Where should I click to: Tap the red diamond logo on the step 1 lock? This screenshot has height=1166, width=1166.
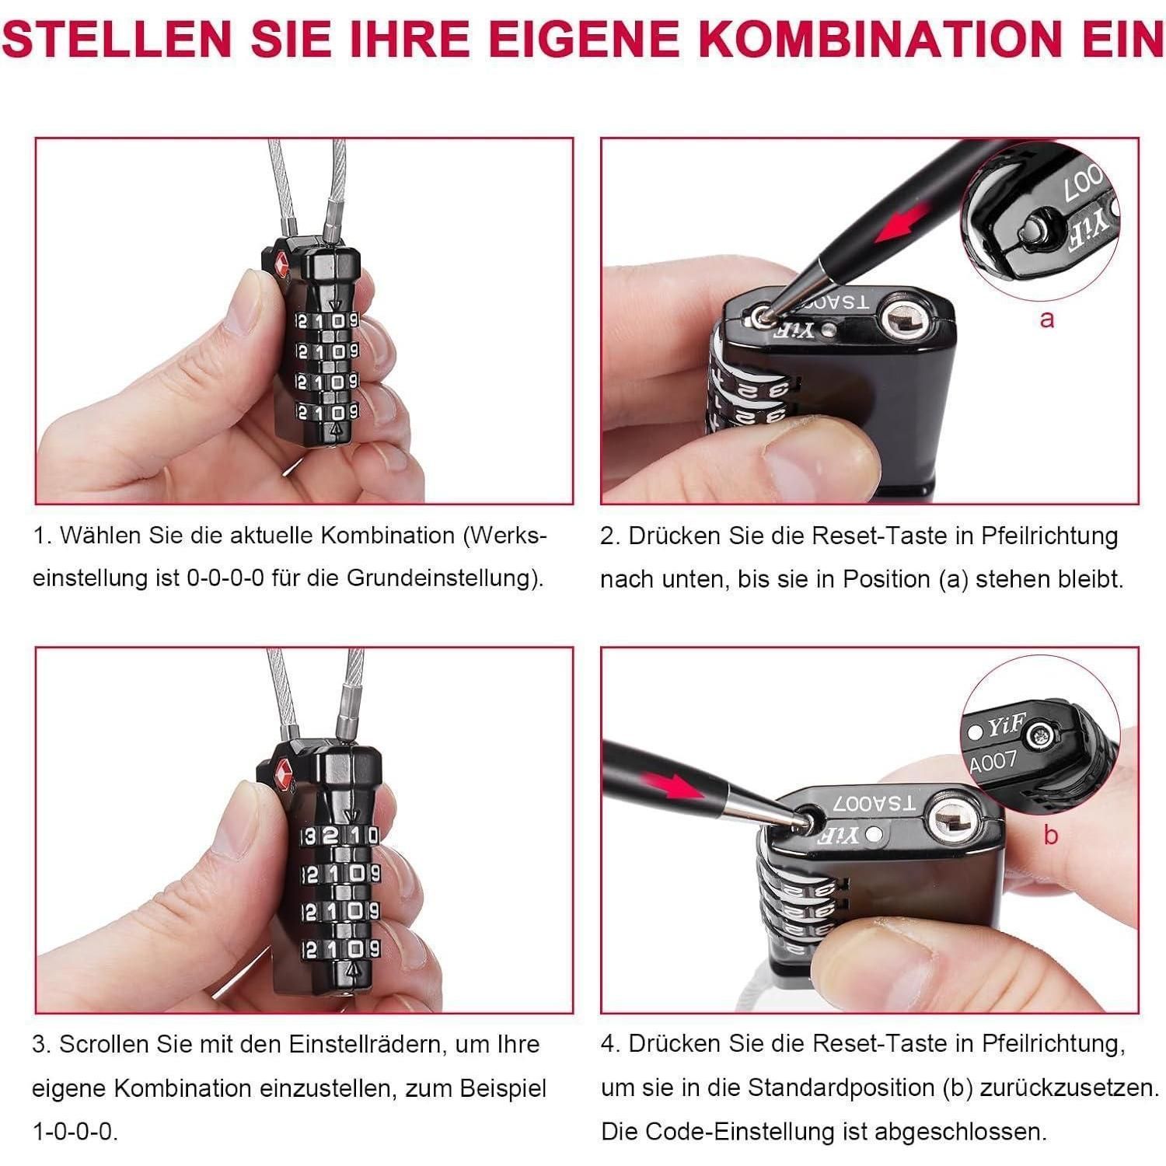click(x=281, y=265)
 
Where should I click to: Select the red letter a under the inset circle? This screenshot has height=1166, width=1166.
click(x=1047, y=318)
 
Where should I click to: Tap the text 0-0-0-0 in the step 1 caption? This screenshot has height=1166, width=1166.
click(x=225, y=578)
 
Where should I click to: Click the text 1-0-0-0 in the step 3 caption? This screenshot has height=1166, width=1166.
click(x=75, y=1131)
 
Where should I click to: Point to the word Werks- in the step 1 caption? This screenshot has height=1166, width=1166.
click(x=509, y=535)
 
